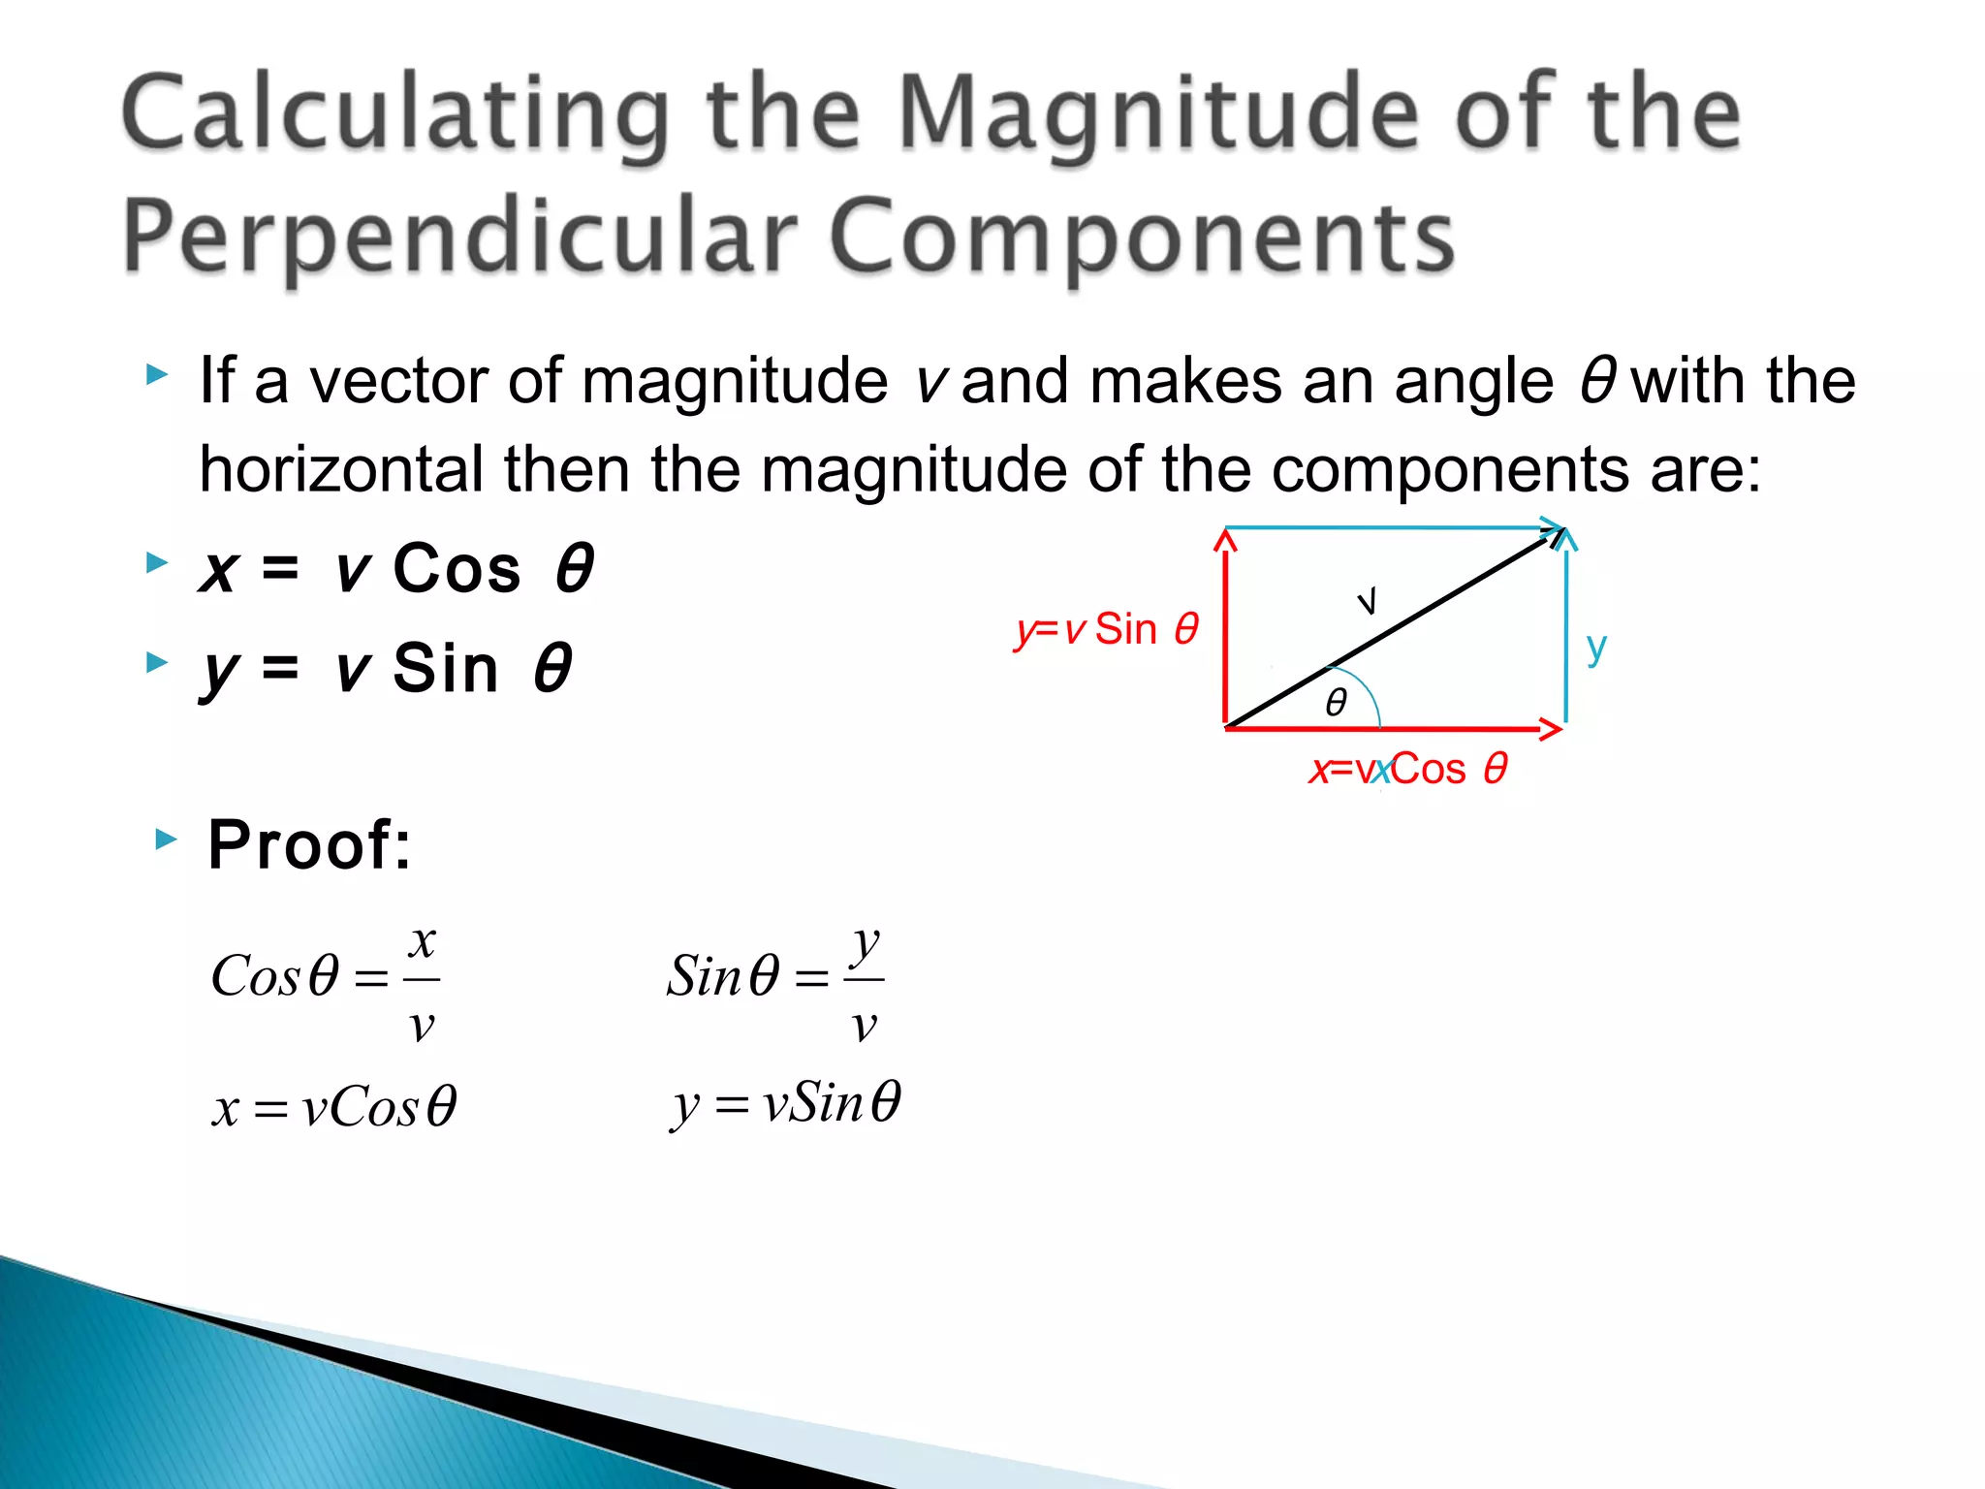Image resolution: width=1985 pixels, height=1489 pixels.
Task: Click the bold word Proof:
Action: (309, 845)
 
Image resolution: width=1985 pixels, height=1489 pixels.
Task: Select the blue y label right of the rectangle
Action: (1596, 648)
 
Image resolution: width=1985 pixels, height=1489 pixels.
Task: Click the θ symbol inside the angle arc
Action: (1336, 702)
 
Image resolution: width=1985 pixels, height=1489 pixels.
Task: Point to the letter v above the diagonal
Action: (1367, 601)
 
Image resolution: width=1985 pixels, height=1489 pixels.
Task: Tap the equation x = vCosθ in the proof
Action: (333, 1107)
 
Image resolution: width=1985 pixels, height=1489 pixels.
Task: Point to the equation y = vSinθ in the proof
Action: (785, 1103)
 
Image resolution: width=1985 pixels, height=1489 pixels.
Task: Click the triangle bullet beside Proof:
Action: (167, 840)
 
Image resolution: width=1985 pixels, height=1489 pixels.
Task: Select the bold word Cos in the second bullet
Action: (457, 569)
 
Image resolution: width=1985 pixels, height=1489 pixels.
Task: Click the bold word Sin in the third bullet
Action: (445, 669)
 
